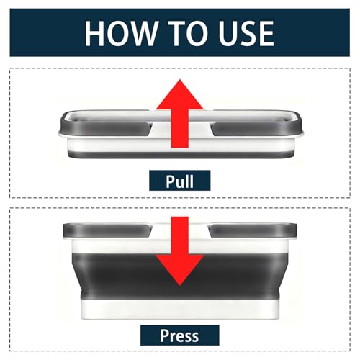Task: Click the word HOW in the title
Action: [x=120, y=33]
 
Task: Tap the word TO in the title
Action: [x=190, y=33]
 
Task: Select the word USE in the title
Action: [x=246, y=33]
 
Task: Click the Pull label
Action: [x=180, y=181]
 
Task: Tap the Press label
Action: [x=180, y=336]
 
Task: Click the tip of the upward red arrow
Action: [x=180, y=80]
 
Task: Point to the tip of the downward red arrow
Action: [x=180, y=286]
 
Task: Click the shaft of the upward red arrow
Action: [x=180, y=128]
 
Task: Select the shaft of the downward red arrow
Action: [x=180, y=236]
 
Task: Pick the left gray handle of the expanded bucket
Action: [x=107, y=230]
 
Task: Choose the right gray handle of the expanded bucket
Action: [x=253, y=230]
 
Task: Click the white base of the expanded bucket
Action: [x=180, y=309]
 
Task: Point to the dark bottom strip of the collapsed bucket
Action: [x=180, y=155]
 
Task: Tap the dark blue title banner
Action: [x=180, y=32]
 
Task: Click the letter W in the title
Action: [x=141, y=33]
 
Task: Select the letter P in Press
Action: [x=164, y=335]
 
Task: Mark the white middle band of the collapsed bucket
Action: [x=180, y=145]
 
